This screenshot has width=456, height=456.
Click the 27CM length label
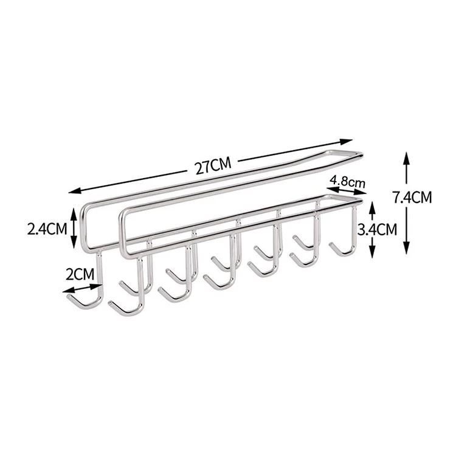[213, 166]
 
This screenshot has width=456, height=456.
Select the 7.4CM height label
[412, 198]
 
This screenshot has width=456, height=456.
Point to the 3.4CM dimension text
[377, 229]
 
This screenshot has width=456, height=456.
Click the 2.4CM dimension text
[47, 229]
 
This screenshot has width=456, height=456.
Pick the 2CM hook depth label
[80, 274]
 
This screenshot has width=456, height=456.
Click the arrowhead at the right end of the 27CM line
[346, 142]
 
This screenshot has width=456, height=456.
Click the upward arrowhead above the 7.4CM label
[406, 159]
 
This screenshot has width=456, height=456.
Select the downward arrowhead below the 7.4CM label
[406, 247]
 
